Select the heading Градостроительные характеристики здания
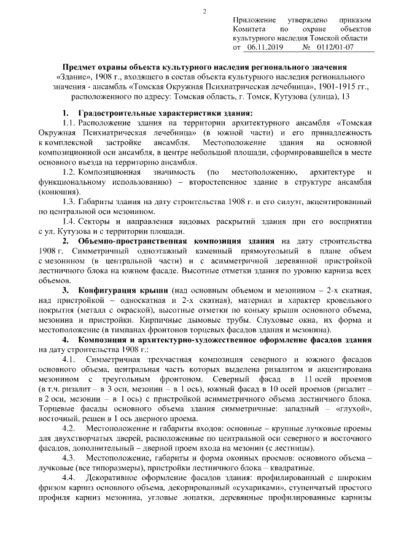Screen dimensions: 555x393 pyautogui.click(x=165, y=114)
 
